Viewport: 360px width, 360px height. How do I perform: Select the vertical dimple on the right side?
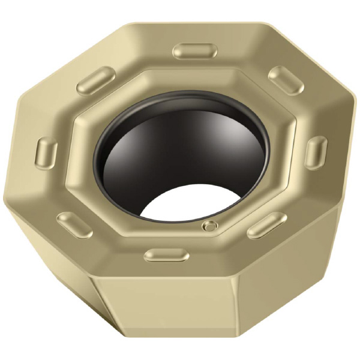pyautogui.click(x=317, y=152)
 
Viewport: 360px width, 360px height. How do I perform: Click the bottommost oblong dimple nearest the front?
pyautogui.click(x=167, y=256)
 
